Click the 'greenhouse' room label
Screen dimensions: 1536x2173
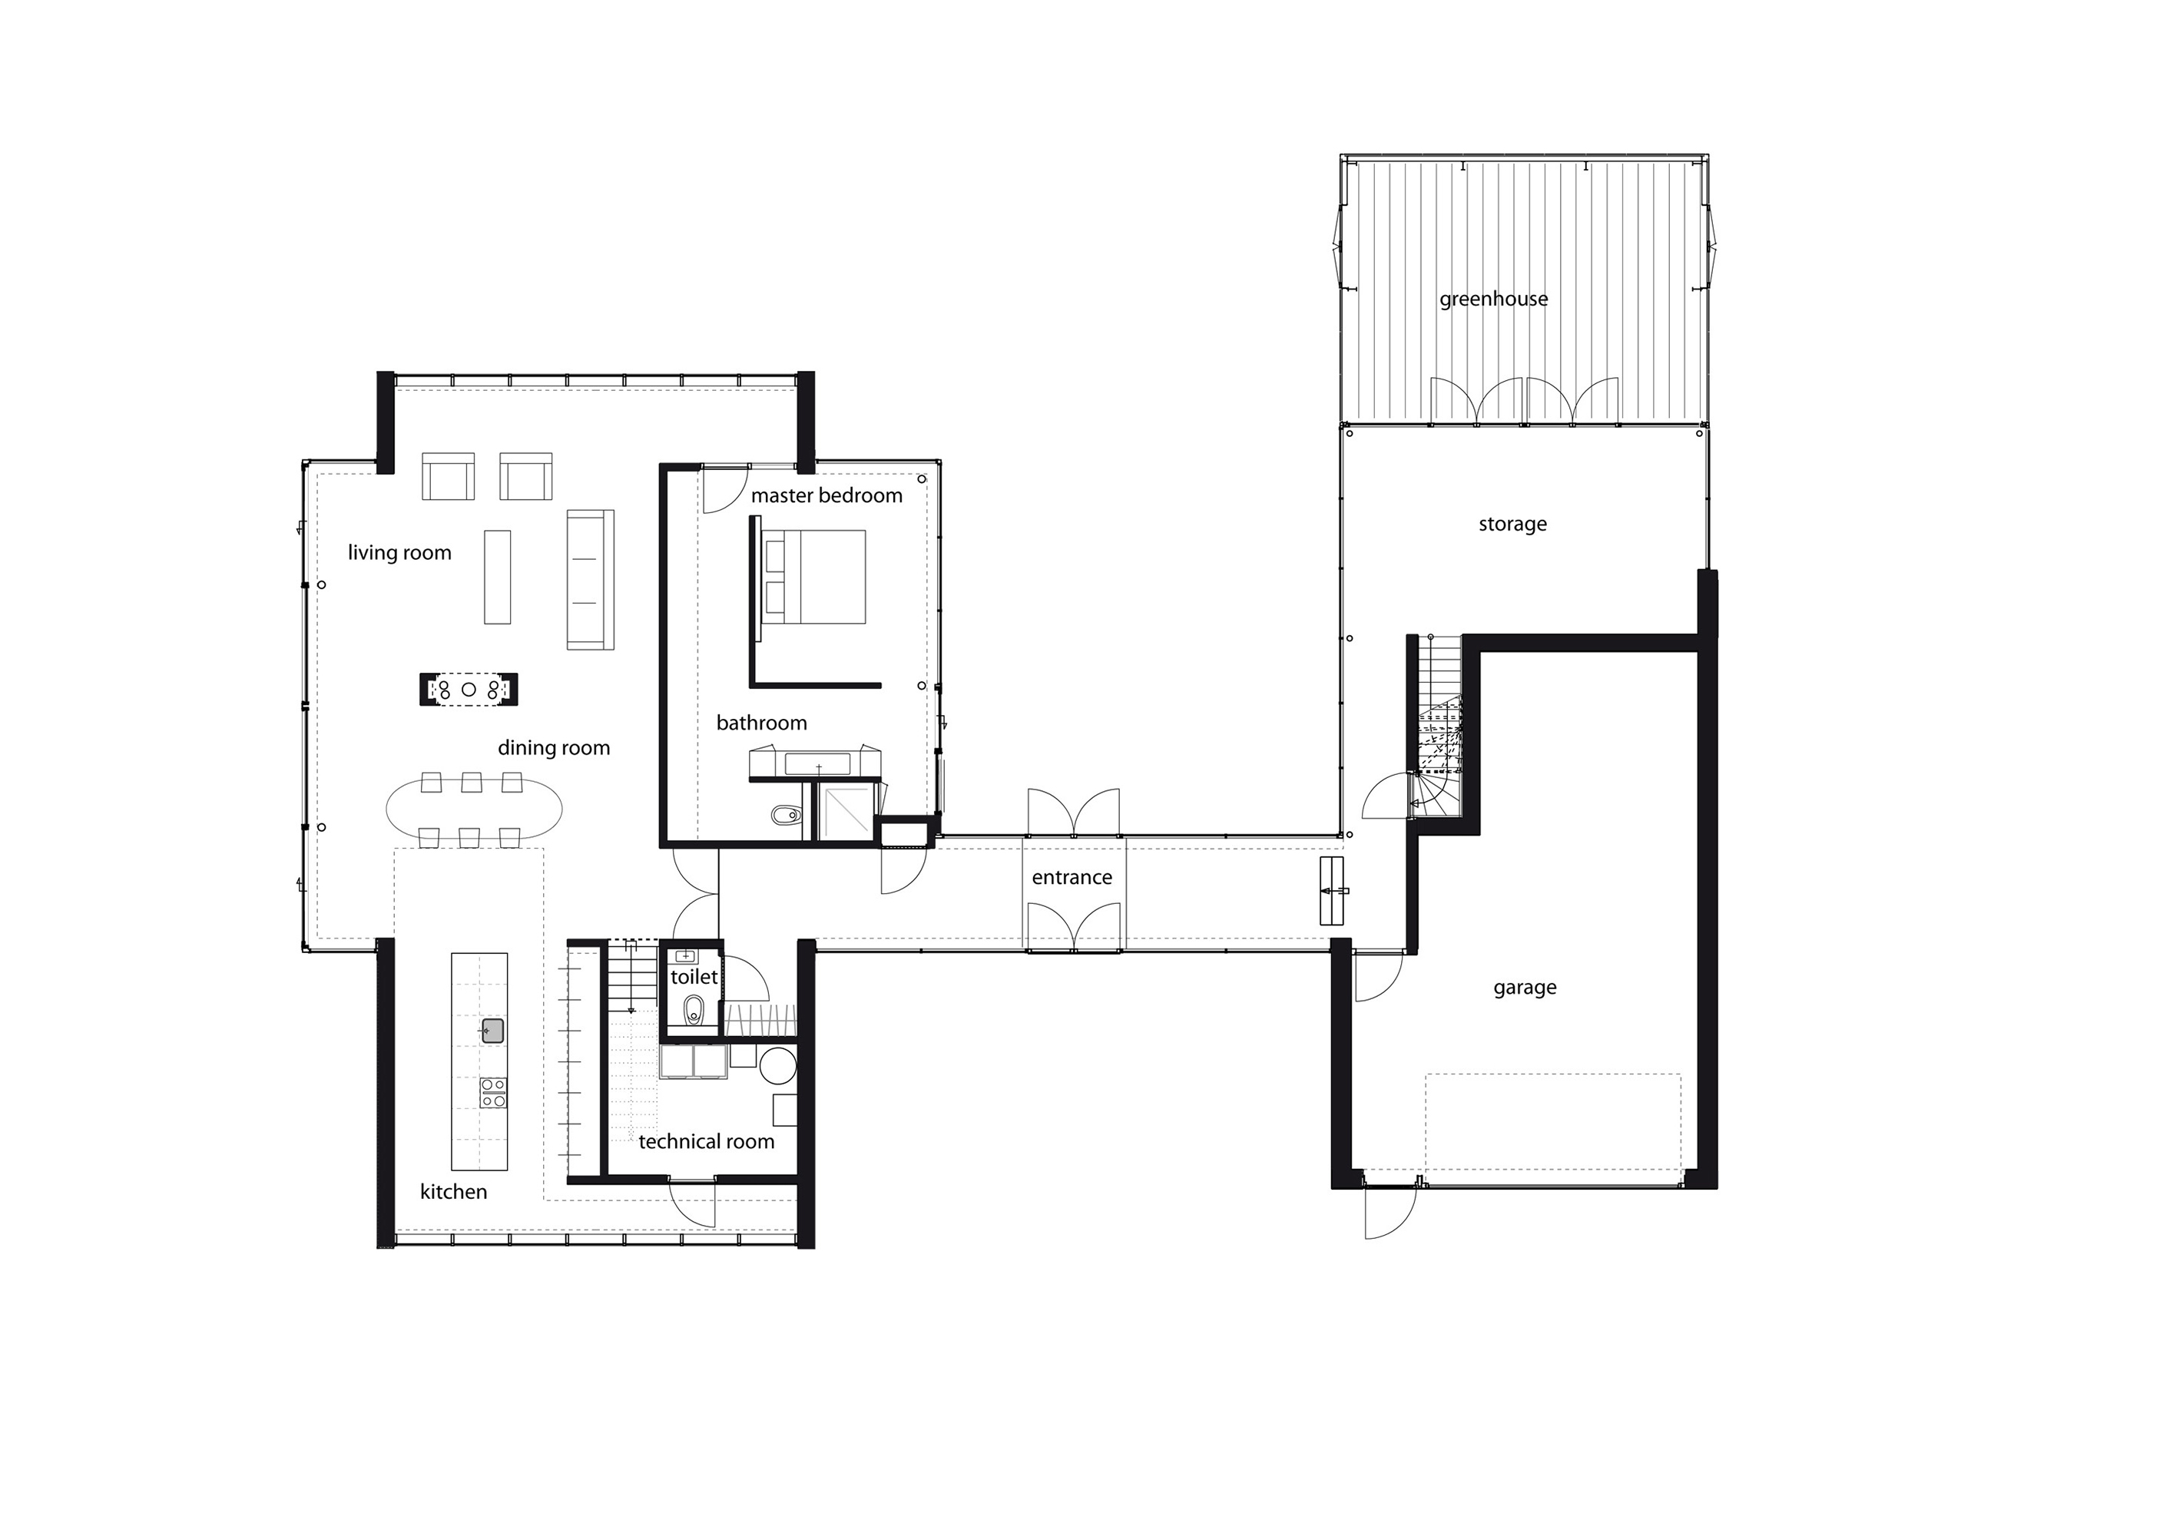[1493, 299]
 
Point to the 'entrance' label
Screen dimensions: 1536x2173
[1072, 877]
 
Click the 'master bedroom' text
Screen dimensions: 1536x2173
[826, 495]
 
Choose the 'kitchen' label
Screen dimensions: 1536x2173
[453, 1191]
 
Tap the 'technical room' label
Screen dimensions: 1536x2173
[706, 1141]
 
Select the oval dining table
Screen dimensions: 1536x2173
[473, 809]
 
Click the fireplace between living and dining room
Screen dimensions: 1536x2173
[469, 689]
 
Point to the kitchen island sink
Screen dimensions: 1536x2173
[492, 1031]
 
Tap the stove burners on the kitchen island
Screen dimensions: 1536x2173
[493, 1092]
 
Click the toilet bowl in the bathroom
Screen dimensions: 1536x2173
[784, 814]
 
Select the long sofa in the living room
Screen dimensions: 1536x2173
[590, 579]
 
